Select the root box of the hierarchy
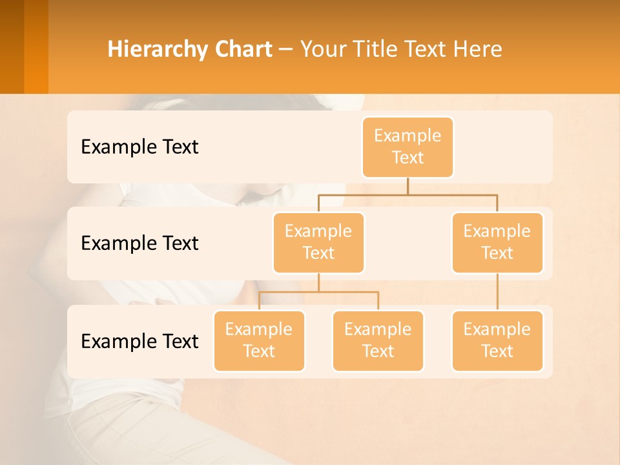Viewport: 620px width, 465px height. click(x=408, y=147)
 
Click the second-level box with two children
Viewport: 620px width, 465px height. click(x=318, y=243)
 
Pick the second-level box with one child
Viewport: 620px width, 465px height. click(x=497, y=243)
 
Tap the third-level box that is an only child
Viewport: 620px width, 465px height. click(x=497, y=341)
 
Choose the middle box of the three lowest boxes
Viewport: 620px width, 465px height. click(x=378, y=341)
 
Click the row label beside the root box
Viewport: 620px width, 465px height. click(x=139, y=147)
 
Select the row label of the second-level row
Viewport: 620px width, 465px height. click(x=139, y=243)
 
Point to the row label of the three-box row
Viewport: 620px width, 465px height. click(x=139, y=341)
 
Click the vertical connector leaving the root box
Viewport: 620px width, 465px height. click(x=408, y=186)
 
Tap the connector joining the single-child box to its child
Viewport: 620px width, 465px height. click(x=497, y=292)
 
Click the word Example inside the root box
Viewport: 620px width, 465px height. click(x=408, y=136)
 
